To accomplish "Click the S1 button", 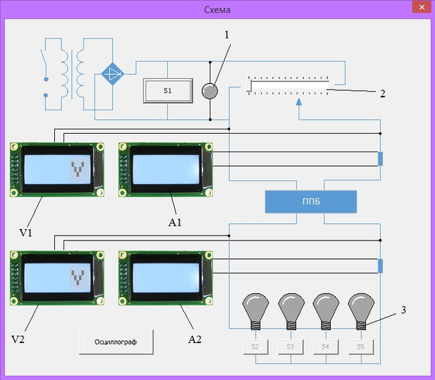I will [x=168, y=91].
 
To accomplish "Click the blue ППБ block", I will [x=310, y=201].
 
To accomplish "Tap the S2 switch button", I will [x=255, y=347].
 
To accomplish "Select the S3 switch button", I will [x=290, y=347].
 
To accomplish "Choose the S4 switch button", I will [x=325, y=347].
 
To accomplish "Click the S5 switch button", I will [x=361, y=347].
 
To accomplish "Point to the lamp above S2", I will [x=255, y=307].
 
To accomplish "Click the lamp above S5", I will [x=361, y=307].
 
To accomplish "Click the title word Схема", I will [x=217, y=10].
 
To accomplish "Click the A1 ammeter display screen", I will [x=167, y=169].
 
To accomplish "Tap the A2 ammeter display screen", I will [x=167, y=277].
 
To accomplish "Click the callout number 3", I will [x=404, y=310].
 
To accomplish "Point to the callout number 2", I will [x=382, y=93].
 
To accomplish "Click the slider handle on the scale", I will [x=250, y=87].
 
